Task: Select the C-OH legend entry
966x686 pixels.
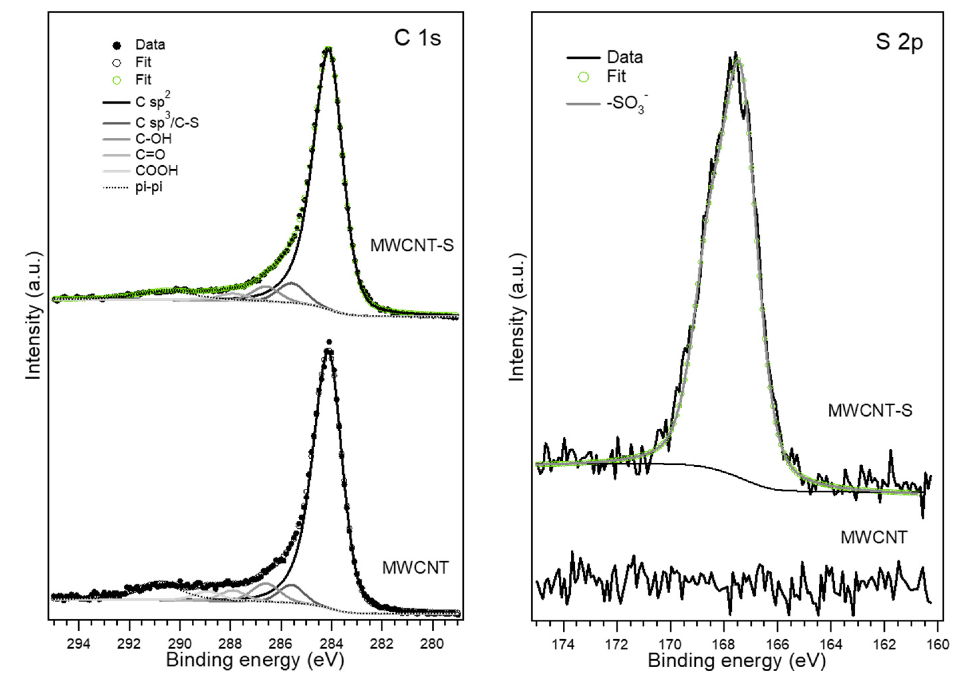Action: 153,139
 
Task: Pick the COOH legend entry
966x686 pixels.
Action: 156,171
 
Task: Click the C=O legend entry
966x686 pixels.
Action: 150,155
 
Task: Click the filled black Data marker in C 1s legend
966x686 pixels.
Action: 117,45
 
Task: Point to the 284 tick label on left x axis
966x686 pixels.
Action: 331,644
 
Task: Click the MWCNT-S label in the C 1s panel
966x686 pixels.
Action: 412,246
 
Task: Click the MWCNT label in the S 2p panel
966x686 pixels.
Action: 874,537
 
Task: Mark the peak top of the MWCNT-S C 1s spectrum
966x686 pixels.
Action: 328,49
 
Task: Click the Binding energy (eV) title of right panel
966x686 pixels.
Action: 736,661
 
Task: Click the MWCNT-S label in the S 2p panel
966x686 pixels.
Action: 870,411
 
